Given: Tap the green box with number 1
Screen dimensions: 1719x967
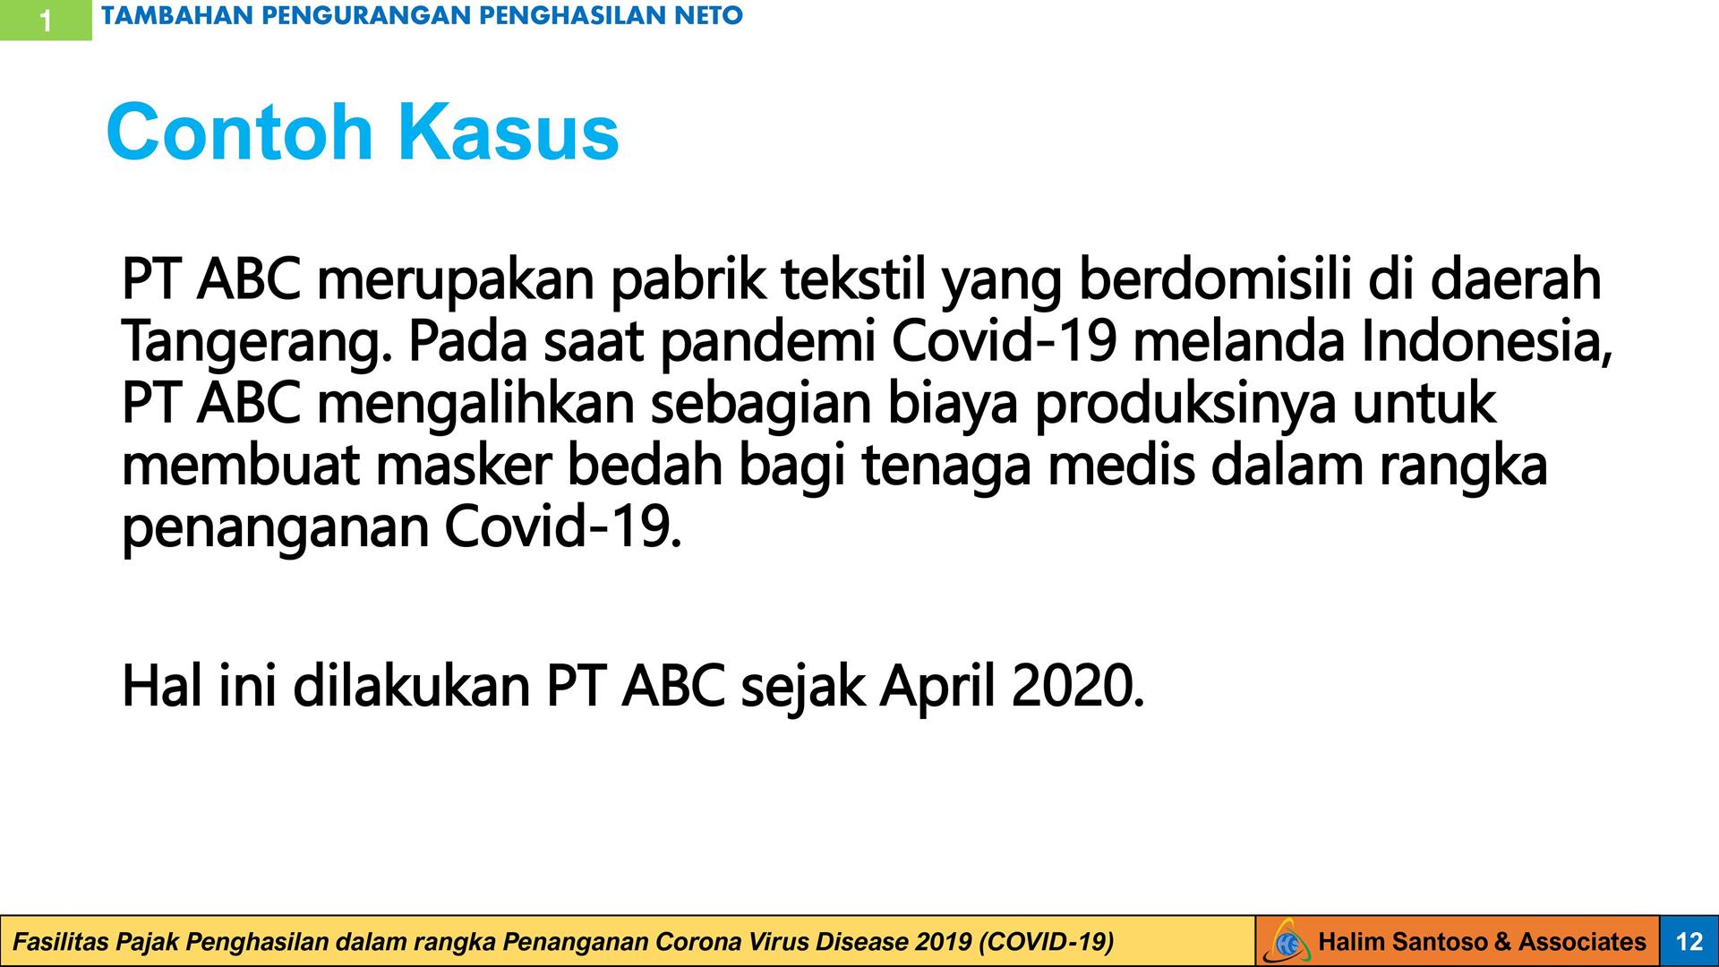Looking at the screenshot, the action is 46,20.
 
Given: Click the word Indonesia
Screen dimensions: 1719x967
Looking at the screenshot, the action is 1487,344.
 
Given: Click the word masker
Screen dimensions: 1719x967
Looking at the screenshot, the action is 463,466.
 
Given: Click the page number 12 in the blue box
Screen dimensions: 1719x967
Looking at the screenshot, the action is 1689,941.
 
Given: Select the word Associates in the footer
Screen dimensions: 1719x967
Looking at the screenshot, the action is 1582,942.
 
